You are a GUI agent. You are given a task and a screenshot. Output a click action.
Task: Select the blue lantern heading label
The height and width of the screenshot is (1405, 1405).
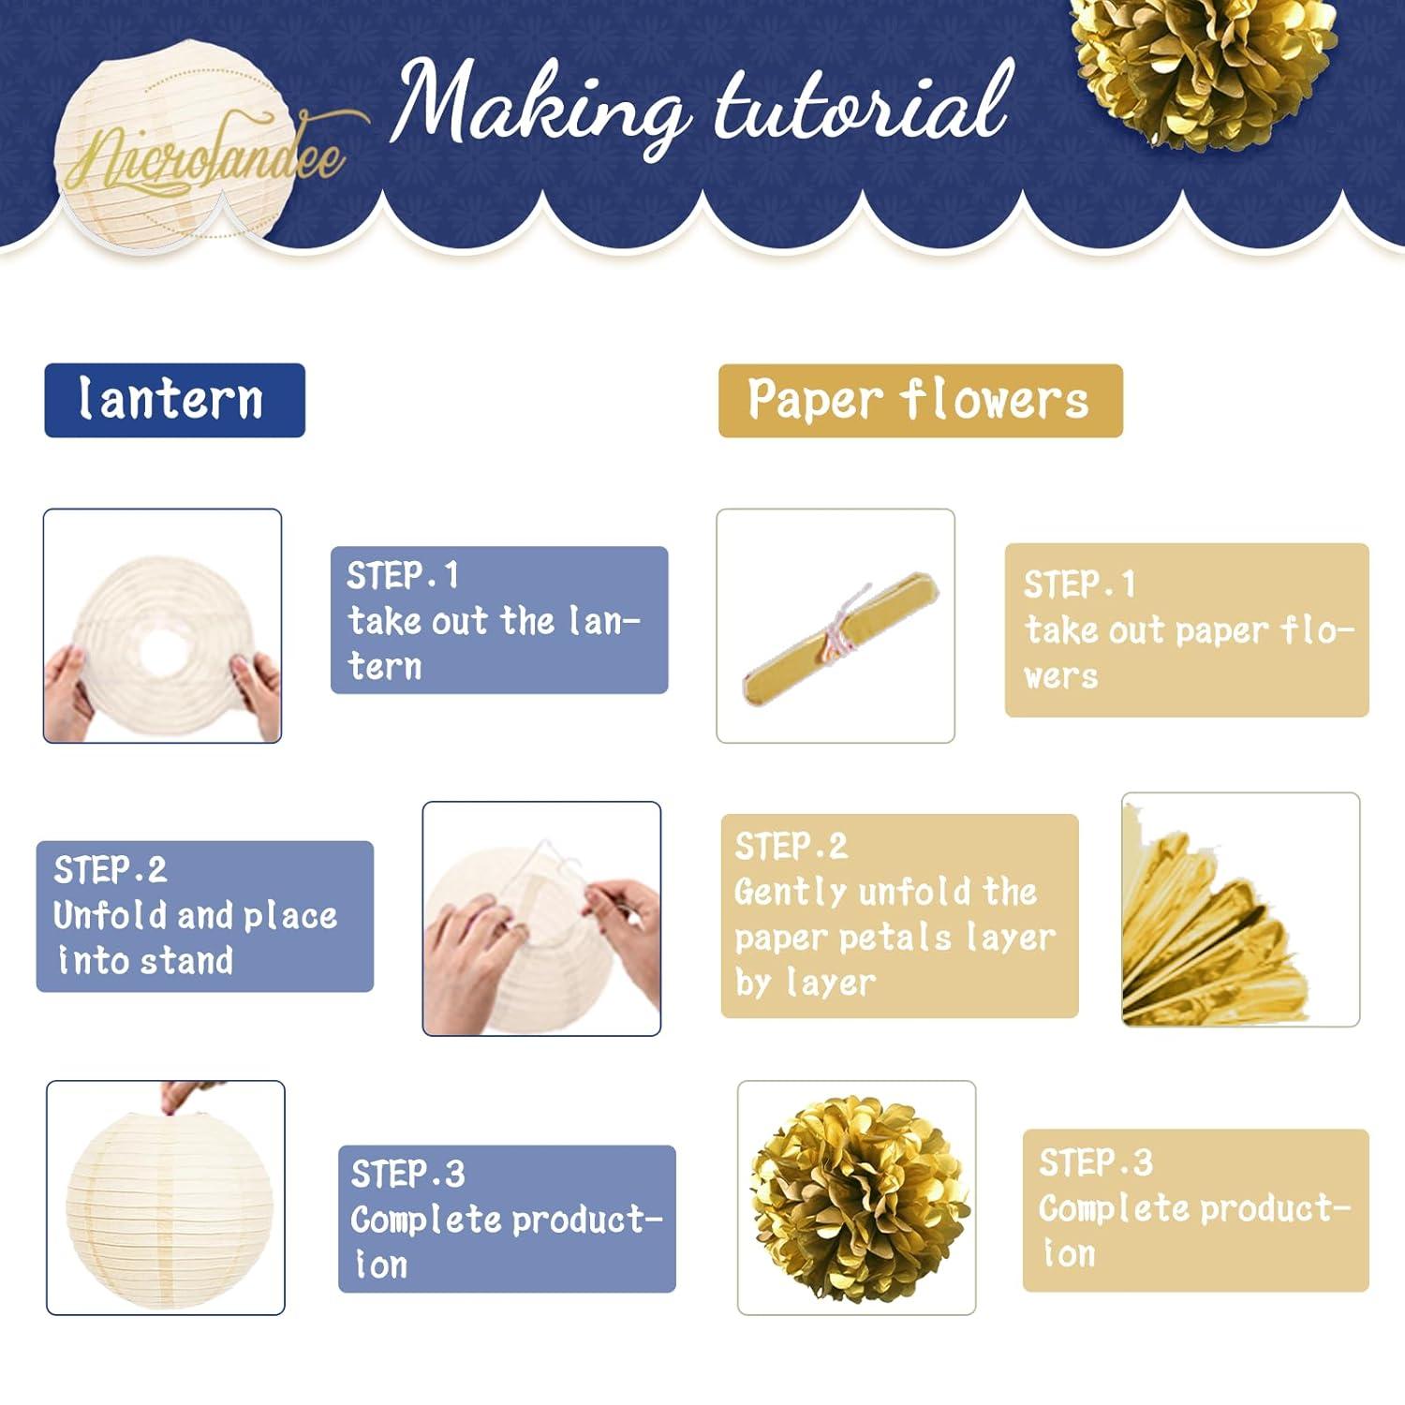pyautogui.click(x=174, y=400)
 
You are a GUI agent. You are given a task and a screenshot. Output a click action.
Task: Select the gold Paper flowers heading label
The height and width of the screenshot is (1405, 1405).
pyautogui.click(x=920, y=400)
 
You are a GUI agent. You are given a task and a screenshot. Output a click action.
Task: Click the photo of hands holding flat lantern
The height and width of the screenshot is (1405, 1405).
pyautogui.click(x=162, y=626)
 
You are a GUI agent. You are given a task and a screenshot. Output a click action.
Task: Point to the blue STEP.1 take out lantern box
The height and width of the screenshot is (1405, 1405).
pyautogui.click(x=498, y=619)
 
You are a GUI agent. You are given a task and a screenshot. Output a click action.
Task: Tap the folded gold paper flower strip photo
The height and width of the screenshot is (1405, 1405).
pyautogui.click(x=836, y=626)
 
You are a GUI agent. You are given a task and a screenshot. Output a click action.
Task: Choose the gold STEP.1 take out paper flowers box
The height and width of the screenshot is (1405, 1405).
pyautogui.click(x=1186, y=629)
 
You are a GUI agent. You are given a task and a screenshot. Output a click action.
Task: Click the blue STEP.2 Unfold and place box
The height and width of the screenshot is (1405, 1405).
pyautogui.click(x=204, y=916)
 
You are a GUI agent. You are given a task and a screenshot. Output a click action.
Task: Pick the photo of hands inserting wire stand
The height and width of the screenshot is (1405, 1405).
pyautogui.click(x=541, y=918)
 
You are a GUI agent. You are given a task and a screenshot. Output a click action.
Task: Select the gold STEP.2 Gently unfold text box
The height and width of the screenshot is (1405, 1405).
pyautogui.click(x=899, y=915)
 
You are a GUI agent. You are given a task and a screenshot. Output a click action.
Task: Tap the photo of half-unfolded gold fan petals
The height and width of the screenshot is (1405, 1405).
pyautogui.click(x=1240, y=910)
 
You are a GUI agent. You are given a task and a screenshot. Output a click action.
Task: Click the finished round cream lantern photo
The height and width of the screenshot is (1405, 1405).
pyautogui.click(x=165, y=1197)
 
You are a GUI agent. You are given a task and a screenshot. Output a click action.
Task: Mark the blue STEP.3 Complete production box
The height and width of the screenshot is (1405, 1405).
pyautogui.click(x=506, y=1218)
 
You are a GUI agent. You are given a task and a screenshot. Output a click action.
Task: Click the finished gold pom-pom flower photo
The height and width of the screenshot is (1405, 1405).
pyautogui.click(x=856, y=1197)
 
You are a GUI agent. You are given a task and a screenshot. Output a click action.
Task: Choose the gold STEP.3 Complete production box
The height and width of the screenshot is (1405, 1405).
pyautogui.click(x=1195, y=1209)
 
